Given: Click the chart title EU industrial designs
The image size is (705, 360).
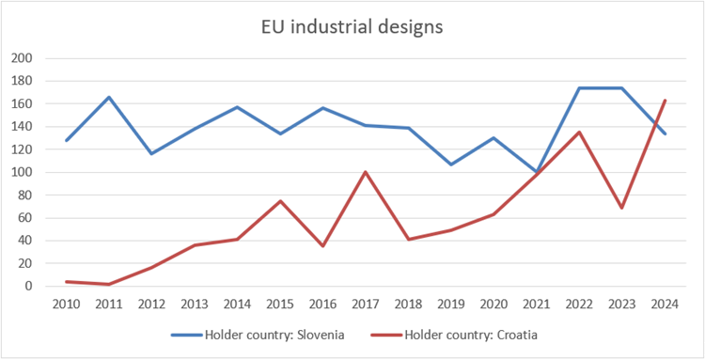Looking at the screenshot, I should pyautogui.click(x=352, y=26).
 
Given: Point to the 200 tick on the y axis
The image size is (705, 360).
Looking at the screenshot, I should pyautogui.click(x=22, y=58).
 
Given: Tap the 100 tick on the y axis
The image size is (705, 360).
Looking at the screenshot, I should pyautogui.click(x=22, y=172).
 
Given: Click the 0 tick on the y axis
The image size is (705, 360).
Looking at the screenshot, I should pyautogui.click(x=28, y=286).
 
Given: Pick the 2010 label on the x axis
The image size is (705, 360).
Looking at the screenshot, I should pyautogui.click(x=66, y=303).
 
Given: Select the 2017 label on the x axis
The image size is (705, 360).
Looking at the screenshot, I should pyautogui.click(x=366, y=303).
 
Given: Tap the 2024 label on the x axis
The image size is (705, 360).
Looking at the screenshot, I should pyautogui.click(x=666, y=303).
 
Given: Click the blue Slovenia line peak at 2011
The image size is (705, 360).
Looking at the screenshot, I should pyautogui.click(x=109, y=97).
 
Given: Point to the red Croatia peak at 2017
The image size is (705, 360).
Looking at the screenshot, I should pyautogui.click(x=366, y=172).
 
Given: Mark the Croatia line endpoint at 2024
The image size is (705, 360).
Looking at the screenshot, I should pyautogui.click(x=666, y=101).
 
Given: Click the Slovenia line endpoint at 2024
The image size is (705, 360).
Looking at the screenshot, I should pyautogui.click(x=666, y=133).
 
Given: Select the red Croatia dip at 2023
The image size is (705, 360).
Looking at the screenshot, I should pyautogui.click(x=622, y=208).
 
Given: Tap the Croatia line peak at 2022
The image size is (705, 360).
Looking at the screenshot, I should pyautogui.click(x=580, y=132).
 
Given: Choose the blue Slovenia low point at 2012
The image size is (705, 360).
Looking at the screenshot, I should pyautogui.click(x=151, y=154).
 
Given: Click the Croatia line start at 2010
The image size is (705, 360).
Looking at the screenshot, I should pyautogui.click(x=66, y=281).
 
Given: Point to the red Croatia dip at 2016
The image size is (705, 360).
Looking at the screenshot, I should pyautogui.click(x=322, y=246).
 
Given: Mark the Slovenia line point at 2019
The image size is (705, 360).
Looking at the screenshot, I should pyautogui.click(x=451, y=164).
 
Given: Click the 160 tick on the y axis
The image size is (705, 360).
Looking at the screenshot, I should pyautogui.click(x=22, y=103).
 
